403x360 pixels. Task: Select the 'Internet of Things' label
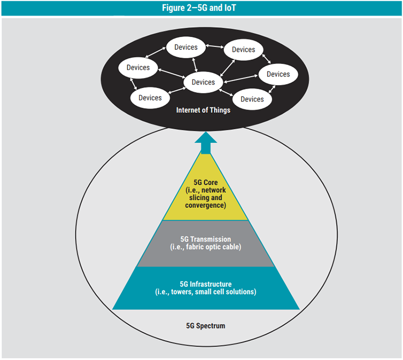203,110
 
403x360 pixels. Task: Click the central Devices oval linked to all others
203,82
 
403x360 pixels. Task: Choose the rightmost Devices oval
278,74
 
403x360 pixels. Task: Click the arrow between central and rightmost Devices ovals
241,79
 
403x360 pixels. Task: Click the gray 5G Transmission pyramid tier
205,243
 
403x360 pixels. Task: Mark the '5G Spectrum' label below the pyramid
205,326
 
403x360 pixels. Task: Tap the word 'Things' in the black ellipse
220,110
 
